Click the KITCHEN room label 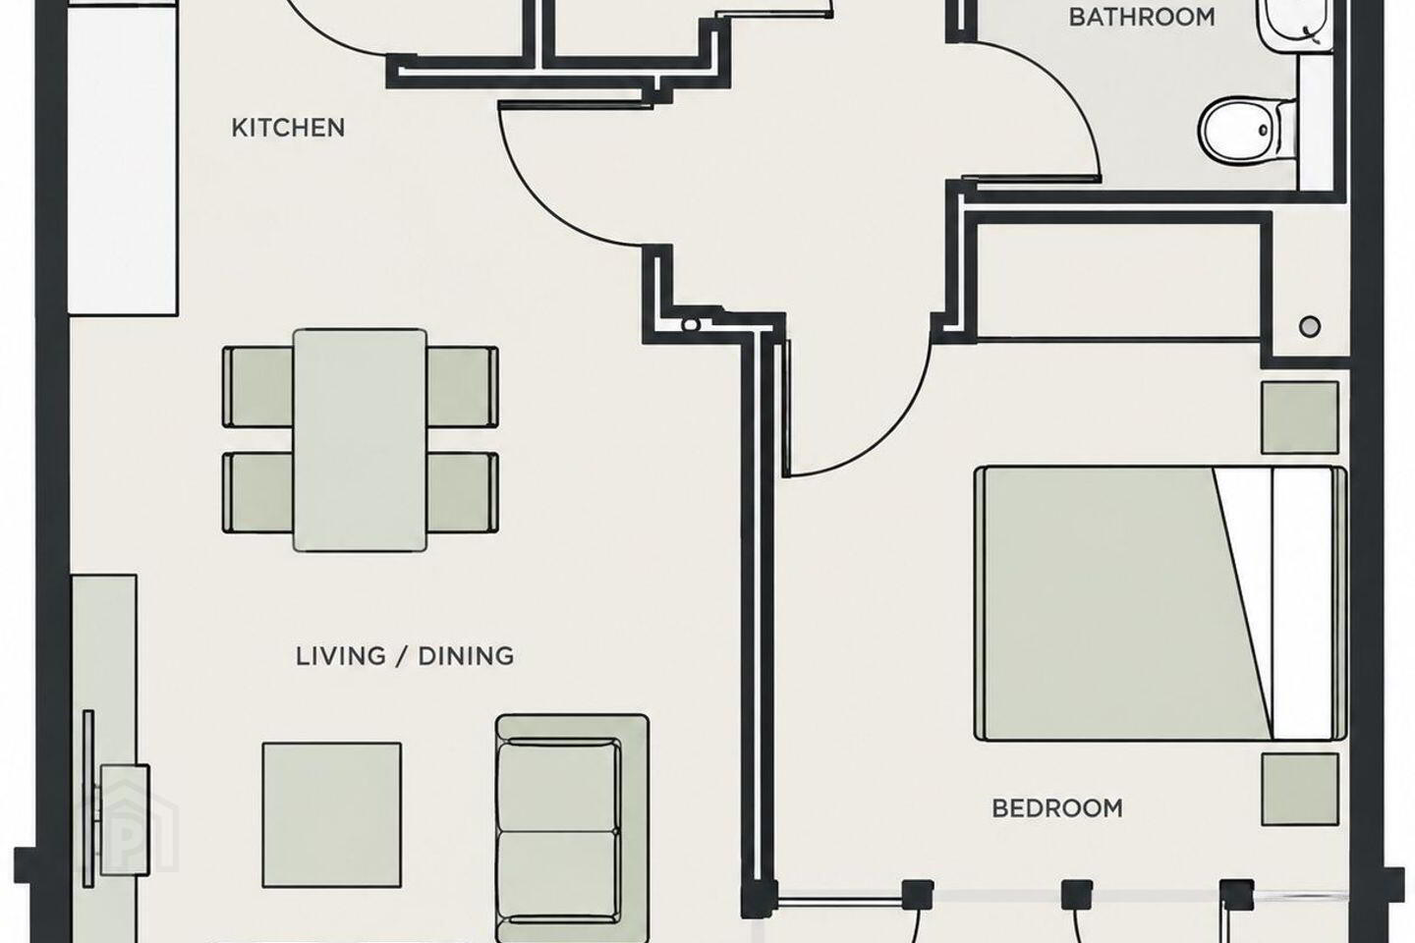[x=288, y=129]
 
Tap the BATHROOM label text [x=1142, y=17]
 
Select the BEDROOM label [x=1057, y=808]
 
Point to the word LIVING [x=340, y=656]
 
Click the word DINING [x=466, y=656]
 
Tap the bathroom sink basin [x=1292, y=24]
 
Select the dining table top [x=360, y=440]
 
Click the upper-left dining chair [x=258, y=387]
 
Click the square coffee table [x=332, y=814]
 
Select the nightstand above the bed [x=1300, y=417]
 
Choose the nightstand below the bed [x=1300, y=790]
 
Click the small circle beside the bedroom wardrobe [x=1310, y=326]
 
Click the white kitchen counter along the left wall [x=123, y=161]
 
